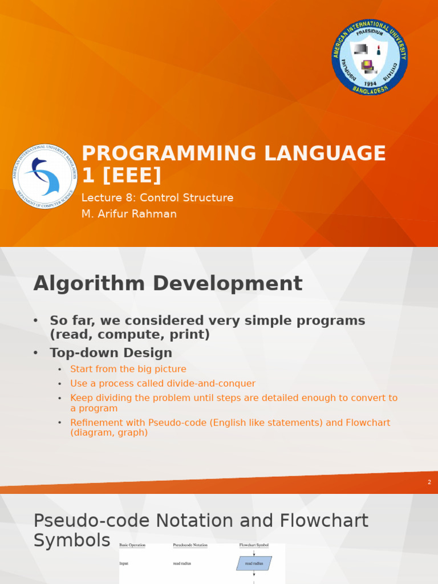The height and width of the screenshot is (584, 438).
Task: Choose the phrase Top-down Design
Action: tap(111, 352)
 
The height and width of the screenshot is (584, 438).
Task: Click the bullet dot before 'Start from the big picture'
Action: tap(60, 370)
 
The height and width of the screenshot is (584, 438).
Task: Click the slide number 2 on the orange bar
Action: tap(429, 482)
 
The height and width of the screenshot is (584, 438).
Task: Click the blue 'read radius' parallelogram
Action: tap(254, 563)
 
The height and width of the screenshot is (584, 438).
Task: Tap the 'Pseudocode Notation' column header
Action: tap(190, 545)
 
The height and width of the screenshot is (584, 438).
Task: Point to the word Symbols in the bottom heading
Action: tap(72, 541)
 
